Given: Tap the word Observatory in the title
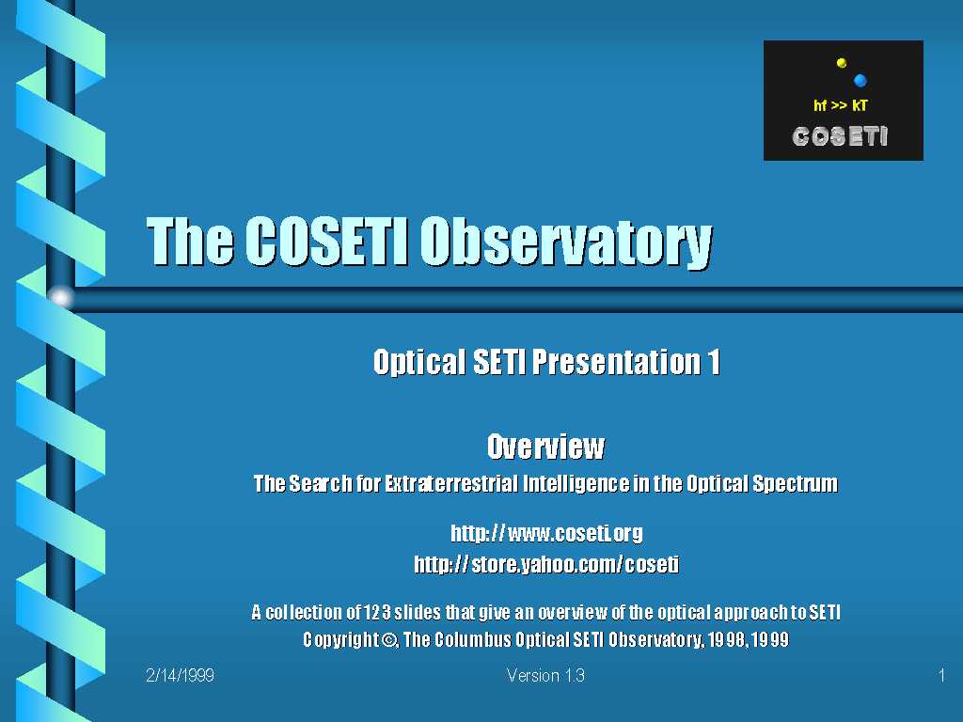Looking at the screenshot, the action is [566, 243].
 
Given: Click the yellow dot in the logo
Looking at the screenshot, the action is [842, 63].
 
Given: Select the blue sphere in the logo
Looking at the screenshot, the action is [860, 81].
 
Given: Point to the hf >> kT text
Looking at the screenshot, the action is [840, 105].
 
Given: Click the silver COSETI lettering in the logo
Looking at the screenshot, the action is [840, 136].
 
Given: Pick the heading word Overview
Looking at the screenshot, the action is [545, 447].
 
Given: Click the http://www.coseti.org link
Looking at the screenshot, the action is [546, 533].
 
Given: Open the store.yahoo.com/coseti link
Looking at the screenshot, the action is [546, 564].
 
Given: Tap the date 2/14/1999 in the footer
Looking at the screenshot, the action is [180, 675].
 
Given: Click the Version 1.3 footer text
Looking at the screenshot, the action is [545, 675].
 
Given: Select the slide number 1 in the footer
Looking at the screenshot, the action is [941, 675].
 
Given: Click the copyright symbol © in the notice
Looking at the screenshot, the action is [389, 640].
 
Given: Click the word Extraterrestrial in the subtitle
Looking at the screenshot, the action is [451, 484].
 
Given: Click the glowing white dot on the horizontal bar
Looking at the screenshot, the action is [60, 298].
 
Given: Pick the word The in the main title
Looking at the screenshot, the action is [190, 241].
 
